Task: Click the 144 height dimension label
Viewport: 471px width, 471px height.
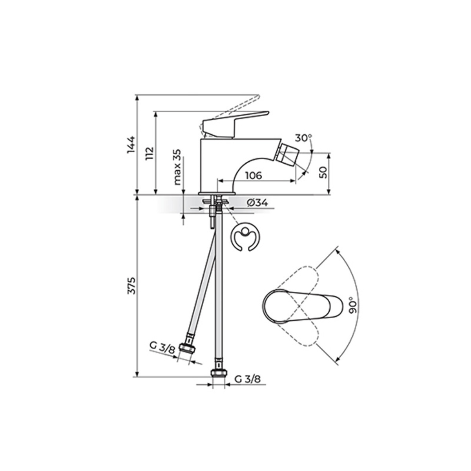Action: (x=131, y=145)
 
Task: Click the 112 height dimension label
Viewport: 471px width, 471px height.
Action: (x=150, y=153)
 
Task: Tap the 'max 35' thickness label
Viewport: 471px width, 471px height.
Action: (x=177, y=167)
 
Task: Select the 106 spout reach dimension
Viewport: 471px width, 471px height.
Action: (x=254, y=175)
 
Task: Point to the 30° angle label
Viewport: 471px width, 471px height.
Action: (x=303, y=138)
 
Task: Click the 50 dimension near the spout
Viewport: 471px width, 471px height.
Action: (x=323, y=173)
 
